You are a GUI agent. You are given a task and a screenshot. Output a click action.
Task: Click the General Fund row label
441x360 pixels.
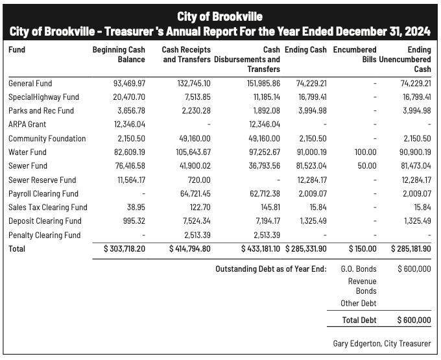pos(30,83)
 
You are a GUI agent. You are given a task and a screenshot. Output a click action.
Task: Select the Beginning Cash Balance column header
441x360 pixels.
pos(119,54)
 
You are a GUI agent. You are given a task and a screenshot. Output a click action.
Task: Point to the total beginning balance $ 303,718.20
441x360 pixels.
pos(125,248)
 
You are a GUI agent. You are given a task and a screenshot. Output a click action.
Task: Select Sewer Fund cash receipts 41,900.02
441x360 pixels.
pos(193,166)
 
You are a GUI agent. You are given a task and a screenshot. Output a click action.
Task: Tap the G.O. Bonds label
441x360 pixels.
pos(358,269)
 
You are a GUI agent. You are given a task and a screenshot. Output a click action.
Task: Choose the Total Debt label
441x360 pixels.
pos(360,320)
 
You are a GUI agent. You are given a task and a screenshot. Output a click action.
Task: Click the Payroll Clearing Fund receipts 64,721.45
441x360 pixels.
pos(193,193)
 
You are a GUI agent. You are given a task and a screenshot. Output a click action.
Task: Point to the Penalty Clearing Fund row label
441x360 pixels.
pos(45,235)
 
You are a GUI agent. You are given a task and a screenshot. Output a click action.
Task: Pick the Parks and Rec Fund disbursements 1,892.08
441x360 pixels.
pos(265,110)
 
